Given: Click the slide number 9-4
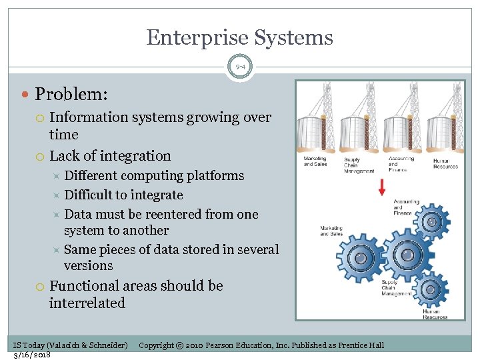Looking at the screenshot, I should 240,67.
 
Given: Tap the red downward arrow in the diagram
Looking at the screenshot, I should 382,187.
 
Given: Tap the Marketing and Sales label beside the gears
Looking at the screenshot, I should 331,230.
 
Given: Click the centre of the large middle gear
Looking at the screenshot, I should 404,255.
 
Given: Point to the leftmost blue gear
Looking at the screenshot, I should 361,257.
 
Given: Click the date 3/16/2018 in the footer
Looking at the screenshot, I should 33,354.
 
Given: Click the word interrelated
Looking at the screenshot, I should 87,303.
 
